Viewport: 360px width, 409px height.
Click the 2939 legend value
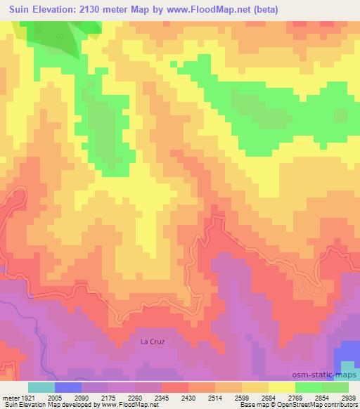(x=349, y=398)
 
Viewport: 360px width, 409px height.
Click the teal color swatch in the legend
(x=41, y=387)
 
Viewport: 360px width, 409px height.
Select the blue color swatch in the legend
(x=68, y=387)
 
